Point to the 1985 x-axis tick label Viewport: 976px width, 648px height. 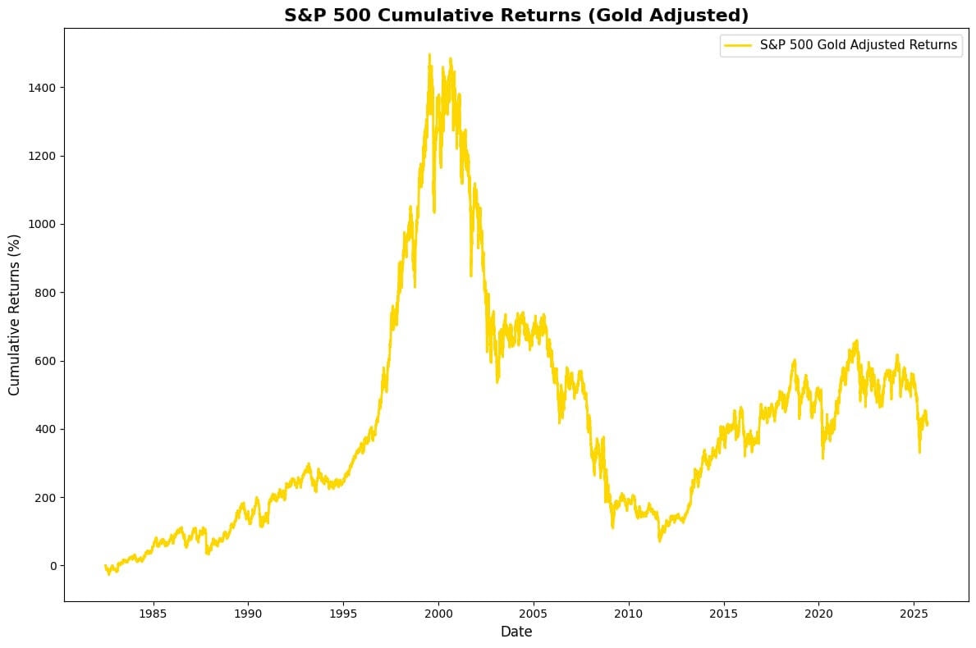coord(153,613)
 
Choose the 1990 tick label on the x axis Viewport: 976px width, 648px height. coord(248,613)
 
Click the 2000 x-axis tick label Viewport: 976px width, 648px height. coord(438,613)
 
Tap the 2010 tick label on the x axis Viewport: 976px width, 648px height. coord(629,613)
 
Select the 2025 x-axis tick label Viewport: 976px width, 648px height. coord(914,613)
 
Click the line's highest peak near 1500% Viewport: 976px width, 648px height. coord(429,55)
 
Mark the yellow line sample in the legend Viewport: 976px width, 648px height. coord(737,46)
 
